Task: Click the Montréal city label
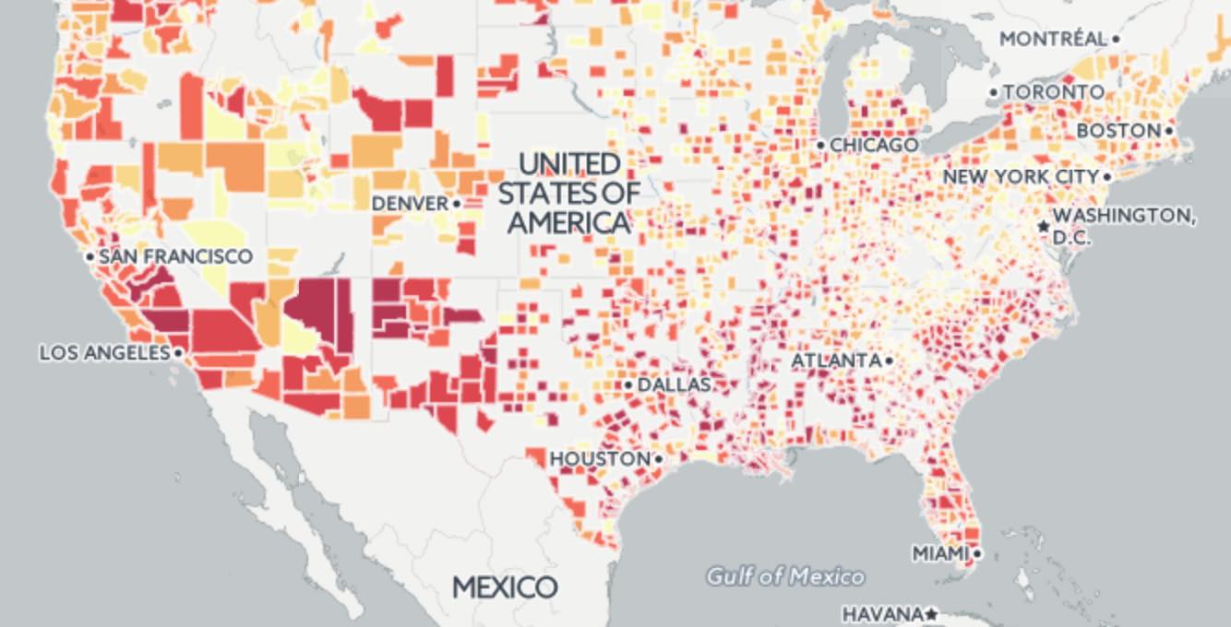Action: click(x=1053, y=39)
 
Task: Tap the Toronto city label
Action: click(x=1053, y=92)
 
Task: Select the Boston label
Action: click(x=1117, y=131)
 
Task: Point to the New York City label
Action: click(x=1021, y=176)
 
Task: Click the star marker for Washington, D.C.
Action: click(x=1044, y=226)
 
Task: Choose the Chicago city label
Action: click(x=874, y=146)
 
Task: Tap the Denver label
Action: click(x=410, y=203)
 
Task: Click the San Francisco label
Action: click(x=174, y=256)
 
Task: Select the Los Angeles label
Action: click(x=104, y=353)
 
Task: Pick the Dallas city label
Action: click(x=674, y=384)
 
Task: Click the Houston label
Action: click(x=600, y=458)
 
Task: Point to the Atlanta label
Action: click(x=836, y=361)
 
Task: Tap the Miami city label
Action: click(x=940, y=553)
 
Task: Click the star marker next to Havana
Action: click(x=932, y=613)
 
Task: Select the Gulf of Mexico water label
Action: click(x=785, y=577)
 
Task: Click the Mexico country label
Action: click(x=505, y=587)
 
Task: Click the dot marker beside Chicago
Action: click(x=820, y=146)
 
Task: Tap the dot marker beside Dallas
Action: click(x=628, y=384)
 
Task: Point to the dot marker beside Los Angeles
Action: click(x=177, y=353)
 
